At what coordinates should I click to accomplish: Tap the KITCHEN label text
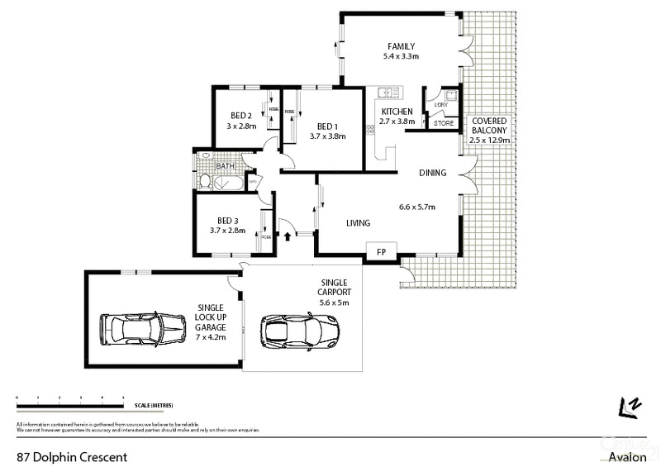coord(397,111)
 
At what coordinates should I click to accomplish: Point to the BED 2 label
coord(240,116)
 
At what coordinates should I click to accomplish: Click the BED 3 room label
coord(228,220)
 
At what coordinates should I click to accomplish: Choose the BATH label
coord(225,166)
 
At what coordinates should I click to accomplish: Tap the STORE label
coord(444,123)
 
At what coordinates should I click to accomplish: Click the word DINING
coord(432,174)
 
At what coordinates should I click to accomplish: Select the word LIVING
coord(357,222)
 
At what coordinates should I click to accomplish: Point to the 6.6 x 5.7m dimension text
coord(417,207)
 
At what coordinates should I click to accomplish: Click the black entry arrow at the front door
coord(288,235)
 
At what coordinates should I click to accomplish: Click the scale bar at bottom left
coord(70,405)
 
